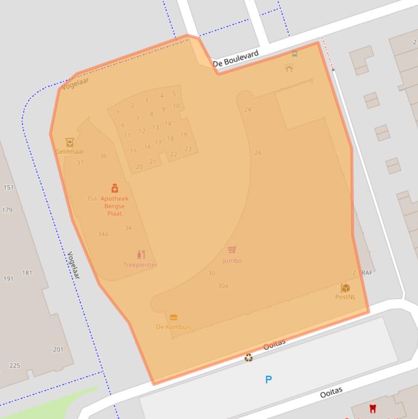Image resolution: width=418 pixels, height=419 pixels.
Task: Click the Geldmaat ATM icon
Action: [70, 143]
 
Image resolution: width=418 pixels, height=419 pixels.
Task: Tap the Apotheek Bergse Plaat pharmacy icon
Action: [115, 188]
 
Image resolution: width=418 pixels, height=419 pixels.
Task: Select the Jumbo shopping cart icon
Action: [232, 250]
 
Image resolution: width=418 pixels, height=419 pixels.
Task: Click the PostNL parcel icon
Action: [345, 288]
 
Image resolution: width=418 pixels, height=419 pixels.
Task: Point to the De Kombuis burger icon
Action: [173, 317]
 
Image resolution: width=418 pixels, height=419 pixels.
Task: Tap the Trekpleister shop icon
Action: [141, 255]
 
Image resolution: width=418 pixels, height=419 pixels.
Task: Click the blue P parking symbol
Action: [269, 379]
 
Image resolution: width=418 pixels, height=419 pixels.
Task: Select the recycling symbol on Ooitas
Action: [248, 358]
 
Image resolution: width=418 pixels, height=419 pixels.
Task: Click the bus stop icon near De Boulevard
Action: [295, 54]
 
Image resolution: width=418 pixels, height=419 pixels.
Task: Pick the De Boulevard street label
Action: [235, 59]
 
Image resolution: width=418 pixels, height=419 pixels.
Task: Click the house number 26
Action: [258, 153]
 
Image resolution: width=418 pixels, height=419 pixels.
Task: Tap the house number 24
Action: [248, 109]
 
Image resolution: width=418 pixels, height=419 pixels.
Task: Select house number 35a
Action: [91, 199]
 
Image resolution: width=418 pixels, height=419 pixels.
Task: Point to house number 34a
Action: [103, 234]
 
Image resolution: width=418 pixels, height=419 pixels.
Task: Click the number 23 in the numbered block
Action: [188, 149]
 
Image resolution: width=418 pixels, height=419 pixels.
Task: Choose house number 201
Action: [58, 349]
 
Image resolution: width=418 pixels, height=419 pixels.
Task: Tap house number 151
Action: [8, 187]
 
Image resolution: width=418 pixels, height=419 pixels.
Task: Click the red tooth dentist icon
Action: [373, 408]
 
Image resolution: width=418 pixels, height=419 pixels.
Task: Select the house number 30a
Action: [223, 286]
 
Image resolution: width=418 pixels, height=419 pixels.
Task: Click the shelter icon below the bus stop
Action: [289, 67]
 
